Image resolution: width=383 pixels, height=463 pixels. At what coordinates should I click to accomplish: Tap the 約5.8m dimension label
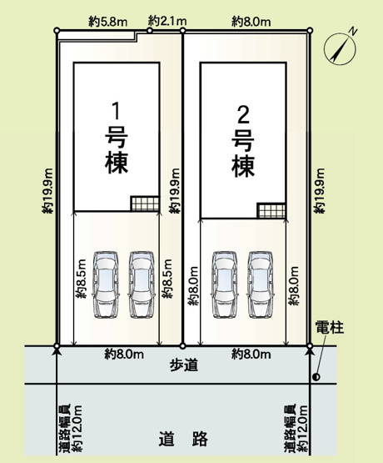click(109, 19)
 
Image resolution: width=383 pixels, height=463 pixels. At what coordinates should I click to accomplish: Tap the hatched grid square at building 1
click(143, 204)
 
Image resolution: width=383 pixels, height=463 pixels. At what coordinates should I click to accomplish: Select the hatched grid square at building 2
click(270, 211)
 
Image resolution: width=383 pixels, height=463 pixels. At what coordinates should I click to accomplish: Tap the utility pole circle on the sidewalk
click(316, 377)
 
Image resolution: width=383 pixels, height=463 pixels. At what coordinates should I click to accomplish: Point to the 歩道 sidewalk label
click(183, 365)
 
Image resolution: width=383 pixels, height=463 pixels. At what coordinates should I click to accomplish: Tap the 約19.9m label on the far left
click(45, 192)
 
